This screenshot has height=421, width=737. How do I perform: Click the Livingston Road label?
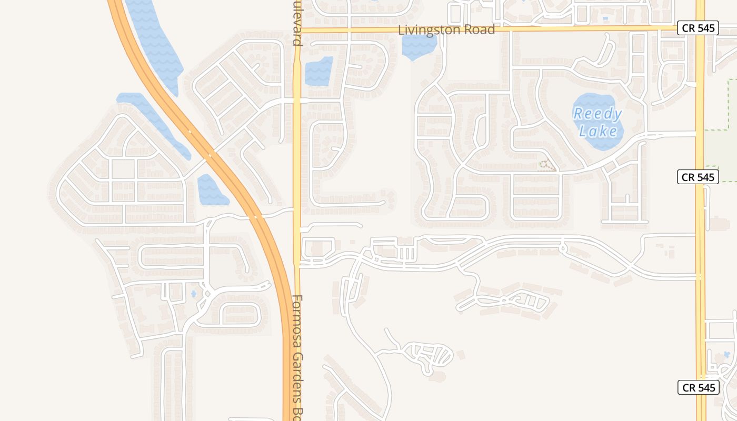pos(446,30)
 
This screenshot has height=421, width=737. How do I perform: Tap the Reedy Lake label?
pos(597,122)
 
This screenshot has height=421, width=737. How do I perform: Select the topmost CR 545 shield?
pos(698,28)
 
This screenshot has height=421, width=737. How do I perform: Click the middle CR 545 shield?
pos(698,177)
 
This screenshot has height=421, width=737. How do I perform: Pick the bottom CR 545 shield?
pos(698,388)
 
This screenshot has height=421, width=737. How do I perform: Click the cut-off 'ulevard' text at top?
pos(297,24)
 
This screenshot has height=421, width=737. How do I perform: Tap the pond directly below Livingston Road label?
pos(419,47)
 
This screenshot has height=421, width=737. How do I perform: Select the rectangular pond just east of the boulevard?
pos(318,72)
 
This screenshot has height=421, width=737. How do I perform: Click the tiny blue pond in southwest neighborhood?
pos(194,293)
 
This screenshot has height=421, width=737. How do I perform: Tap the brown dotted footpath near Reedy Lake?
pos(547,166)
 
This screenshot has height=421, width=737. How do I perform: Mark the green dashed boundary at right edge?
pos(729,105)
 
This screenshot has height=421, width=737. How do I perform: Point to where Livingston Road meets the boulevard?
pos(297,30)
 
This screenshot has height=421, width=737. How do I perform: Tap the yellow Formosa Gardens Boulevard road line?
pos(297,158)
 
